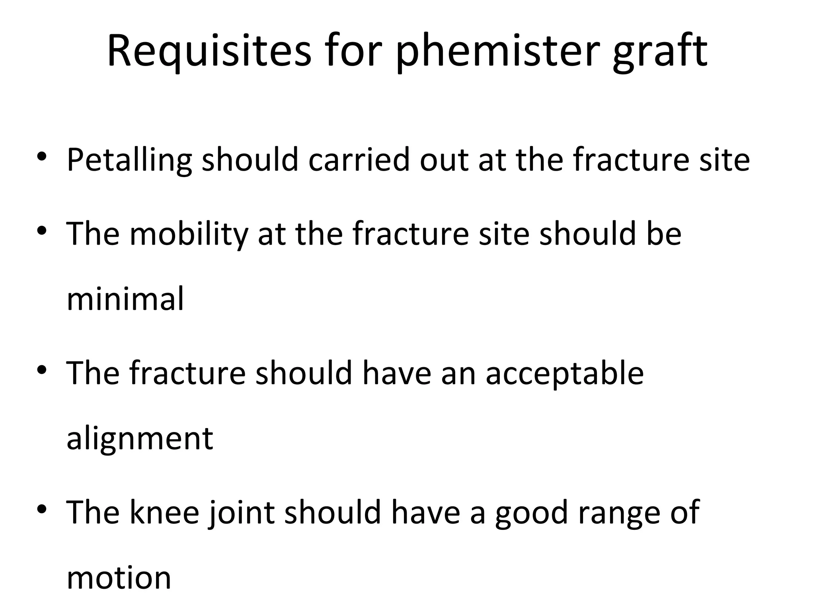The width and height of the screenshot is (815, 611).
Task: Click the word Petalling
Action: click(129, 160)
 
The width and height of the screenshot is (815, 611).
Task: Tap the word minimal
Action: click(125, 299)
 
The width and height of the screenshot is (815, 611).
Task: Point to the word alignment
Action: click(140, 439)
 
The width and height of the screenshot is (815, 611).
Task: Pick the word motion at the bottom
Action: click(119, 578)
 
